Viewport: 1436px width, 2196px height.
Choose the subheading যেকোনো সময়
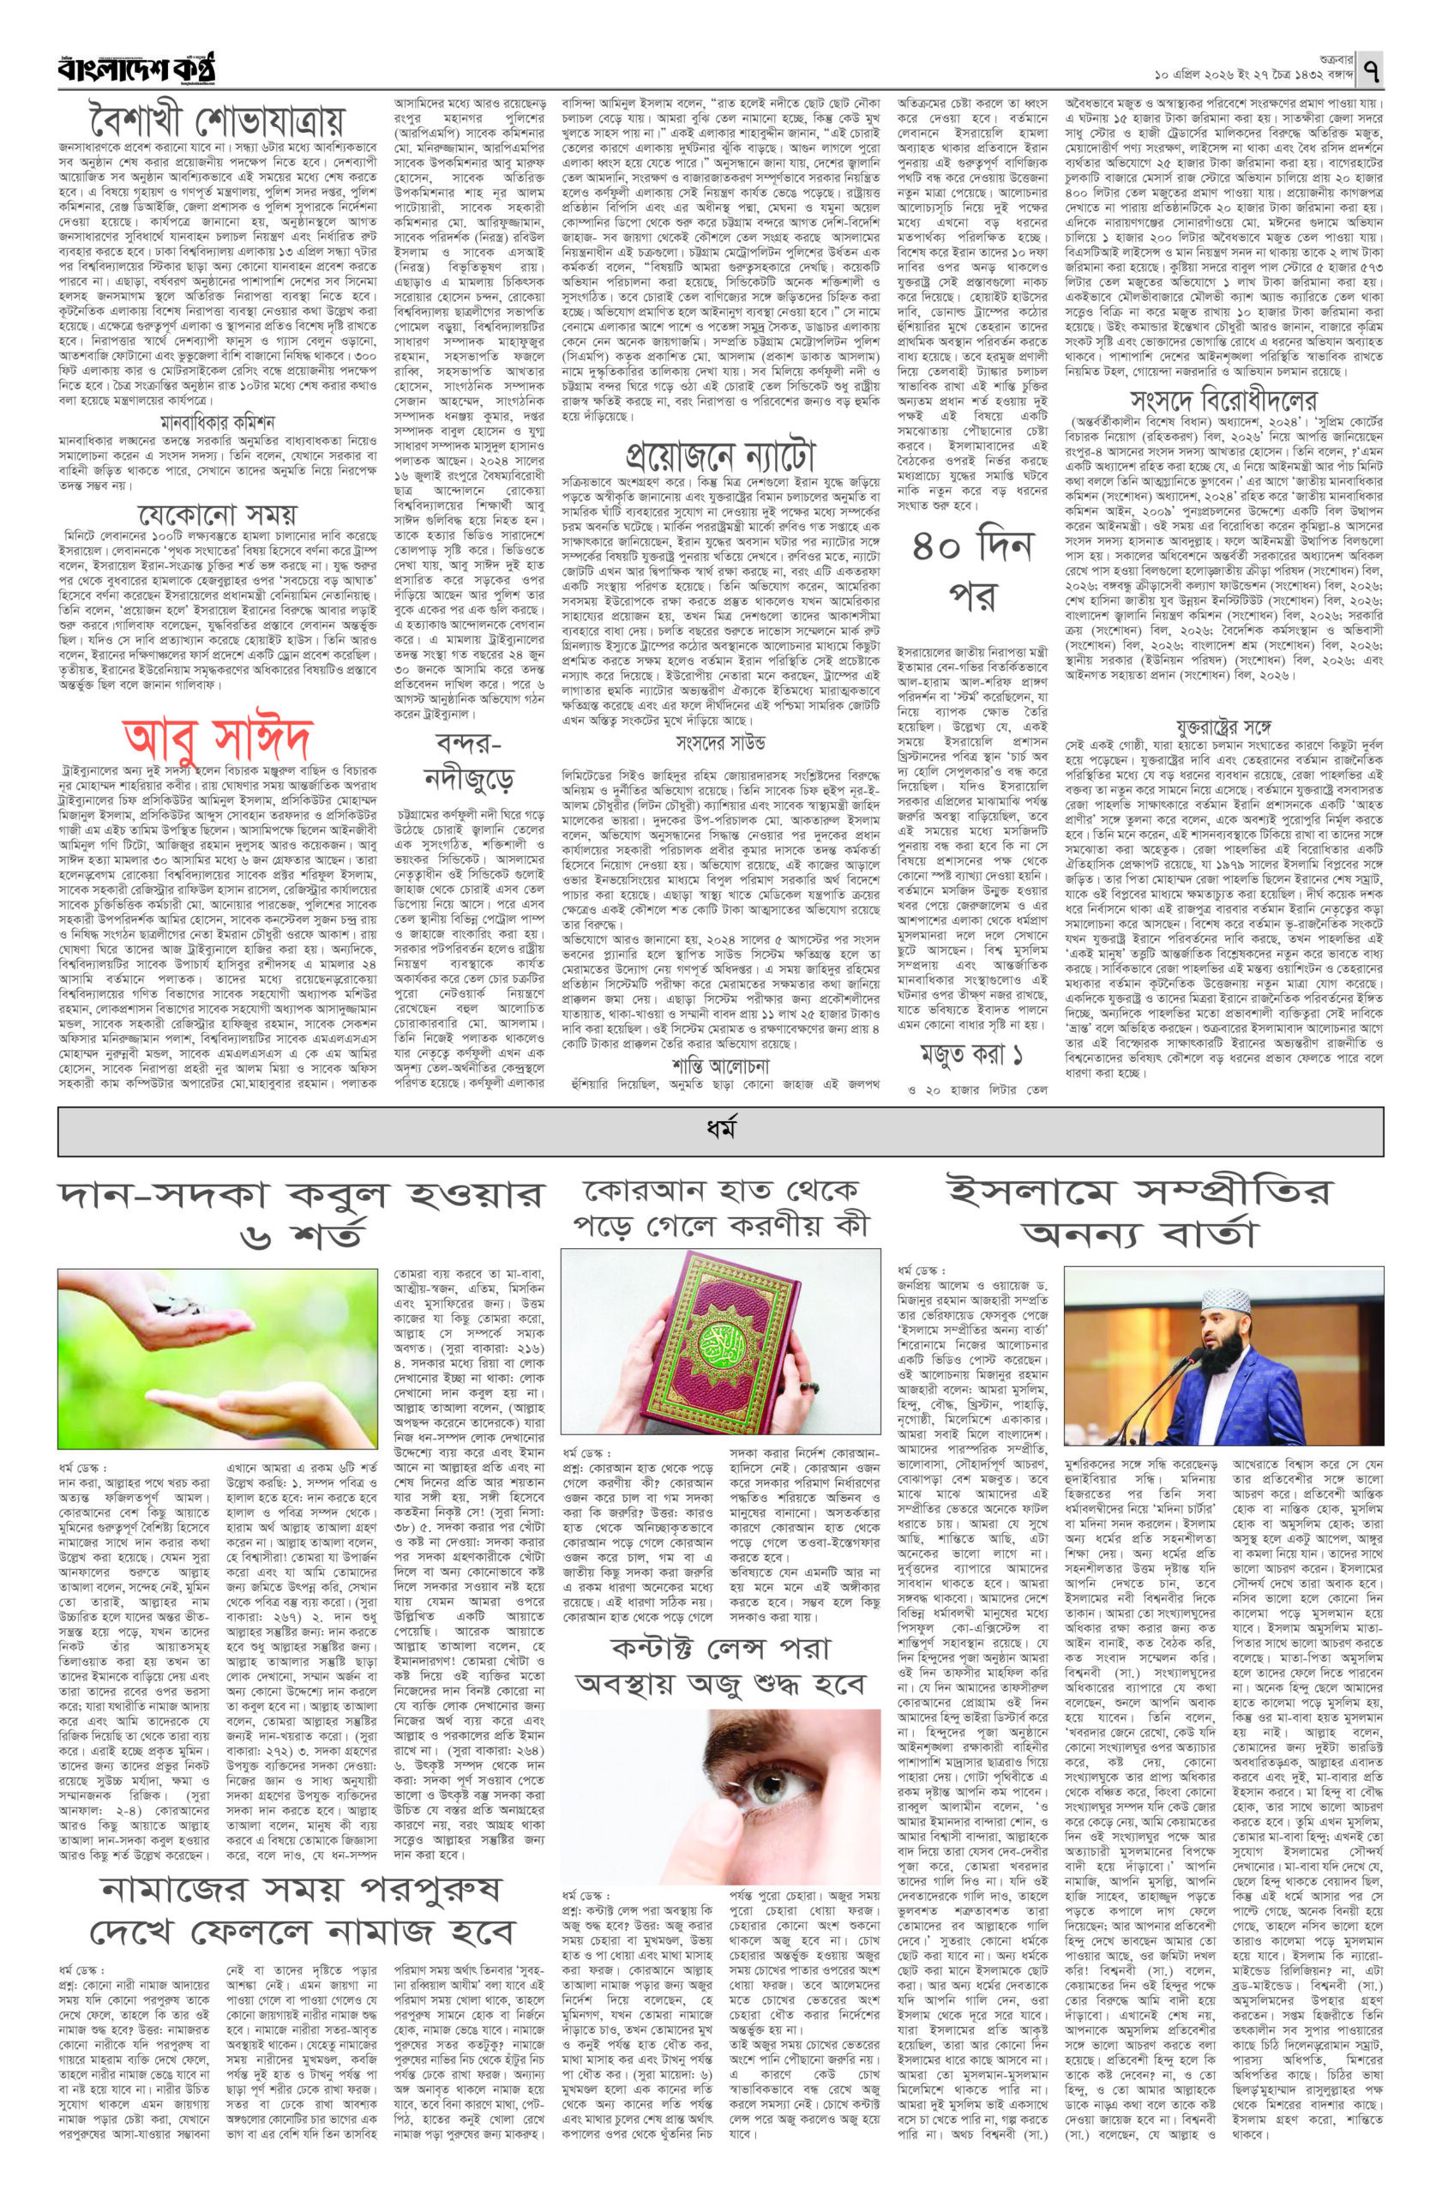(218, 513)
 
